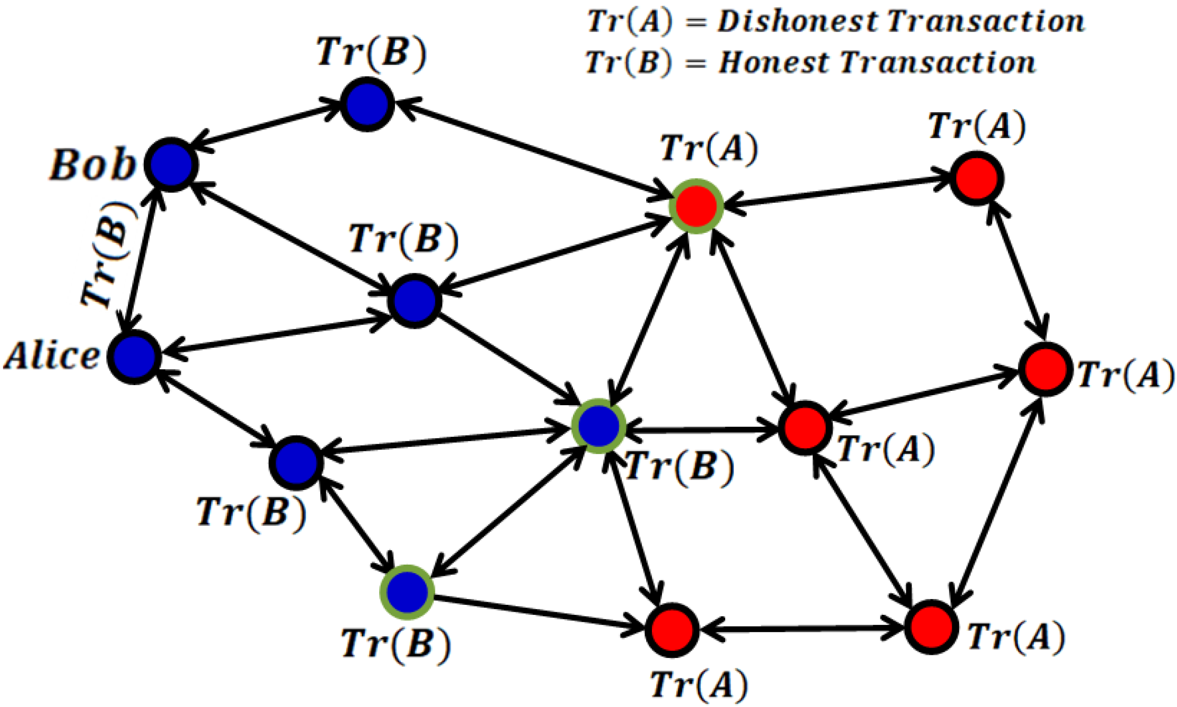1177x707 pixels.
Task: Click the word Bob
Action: tap(92, 165)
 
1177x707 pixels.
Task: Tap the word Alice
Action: tap(52, 356)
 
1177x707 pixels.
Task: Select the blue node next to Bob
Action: tap(171, 165)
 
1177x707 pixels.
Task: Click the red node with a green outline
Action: tap(696, 205)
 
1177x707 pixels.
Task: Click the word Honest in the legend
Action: tap(774, 63)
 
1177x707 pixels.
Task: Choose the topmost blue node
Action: tap(367, 104)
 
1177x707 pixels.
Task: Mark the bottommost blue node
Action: tap(407, 592)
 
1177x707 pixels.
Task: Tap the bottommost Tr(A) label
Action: tap(699, 685)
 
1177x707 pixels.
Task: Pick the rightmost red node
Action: tap(1045, 369)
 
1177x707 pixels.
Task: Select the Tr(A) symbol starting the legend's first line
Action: tap(629, 22)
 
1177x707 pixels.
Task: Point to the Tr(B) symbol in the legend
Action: tap(628, 63)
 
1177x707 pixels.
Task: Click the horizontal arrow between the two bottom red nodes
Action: tap(801, 629)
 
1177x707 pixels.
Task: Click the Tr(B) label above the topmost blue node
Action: tap(371, 53)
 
